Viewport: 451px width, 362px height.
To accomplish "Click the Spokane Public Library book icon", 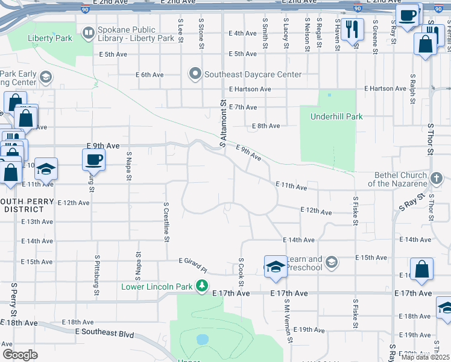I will click(x=89, y=33).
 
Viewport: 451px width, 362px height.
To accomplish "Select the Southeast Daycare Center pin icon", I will click(x=195, y=75).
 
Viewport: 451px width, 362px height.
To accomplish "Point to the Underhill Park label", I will click(x=336, y=116).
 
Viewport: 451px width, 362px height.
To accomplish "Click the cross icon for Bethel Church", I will click(x=438, y=179).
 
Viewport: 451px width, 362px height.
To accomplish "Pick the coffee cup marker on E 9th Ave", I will click(x=93, y=159).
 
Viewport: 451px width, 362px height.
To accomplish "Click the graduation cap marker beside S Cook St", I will click(x=275, y=266).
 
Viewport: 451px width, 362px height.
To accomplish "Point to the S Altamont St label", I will click(x=222, y=124).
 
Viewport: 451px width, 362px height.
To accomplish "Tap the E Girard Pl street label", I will click(x=193, y=264).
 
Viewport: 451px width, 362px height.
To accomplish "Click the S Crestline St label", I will click(x=165, y=222).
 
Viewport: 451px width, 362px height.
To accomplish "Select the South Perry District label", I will click(x=22, y=205).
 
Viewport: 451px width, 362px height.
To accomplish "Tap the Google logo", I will click(x=20, y=355).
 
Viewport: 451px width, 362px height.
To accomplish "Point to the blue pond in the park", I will click(x=203, y=339).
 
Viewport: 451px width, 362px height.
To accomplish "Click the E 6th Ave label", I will click(x=150, y=75).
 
